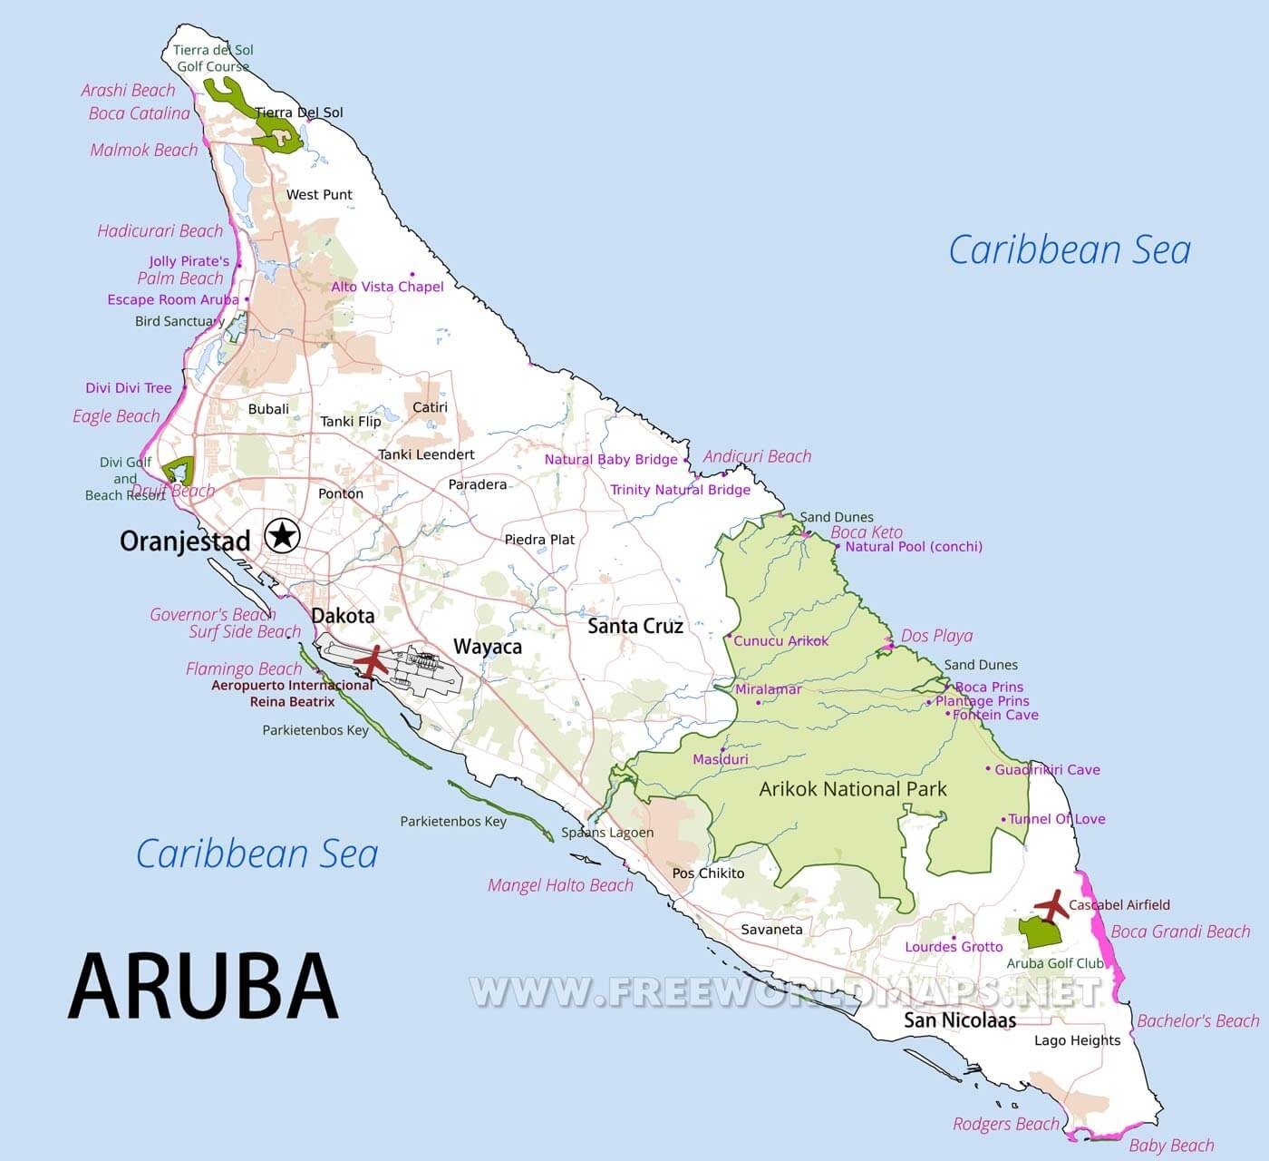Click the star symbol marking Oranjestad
(x=282, y=536)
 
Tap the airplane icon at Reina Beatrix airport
(x=372, y=661)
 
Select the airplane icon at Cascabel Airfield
(x=1051, y=904)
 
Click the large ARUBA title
(x=203, y=987)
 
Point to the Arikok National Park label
(x=852, y=789)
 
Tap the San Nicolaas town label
(x=959, y=1020)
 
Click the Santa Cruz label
(x=634, y=626)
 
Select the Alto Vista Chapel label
(x=387, y=287)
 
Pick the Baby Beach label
(x=1171, y=1146)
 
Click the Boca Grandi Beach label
(x=1180, y=932)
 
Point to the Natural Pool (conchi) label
(x=913, y=546)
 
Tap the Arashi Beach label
(x=128, y=90)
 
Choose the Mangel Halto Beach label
(x=560, y=885)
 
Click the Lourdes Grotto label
(x=954, y=947)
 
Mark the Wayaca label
(x=488, y=647)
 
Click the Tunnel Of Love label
(x=1057, y=819)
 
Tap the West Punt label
(x=319, y=194)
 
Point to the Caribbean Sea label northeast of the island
(x=1070, y=250)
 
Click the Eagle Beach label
(x=116, y=416)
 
